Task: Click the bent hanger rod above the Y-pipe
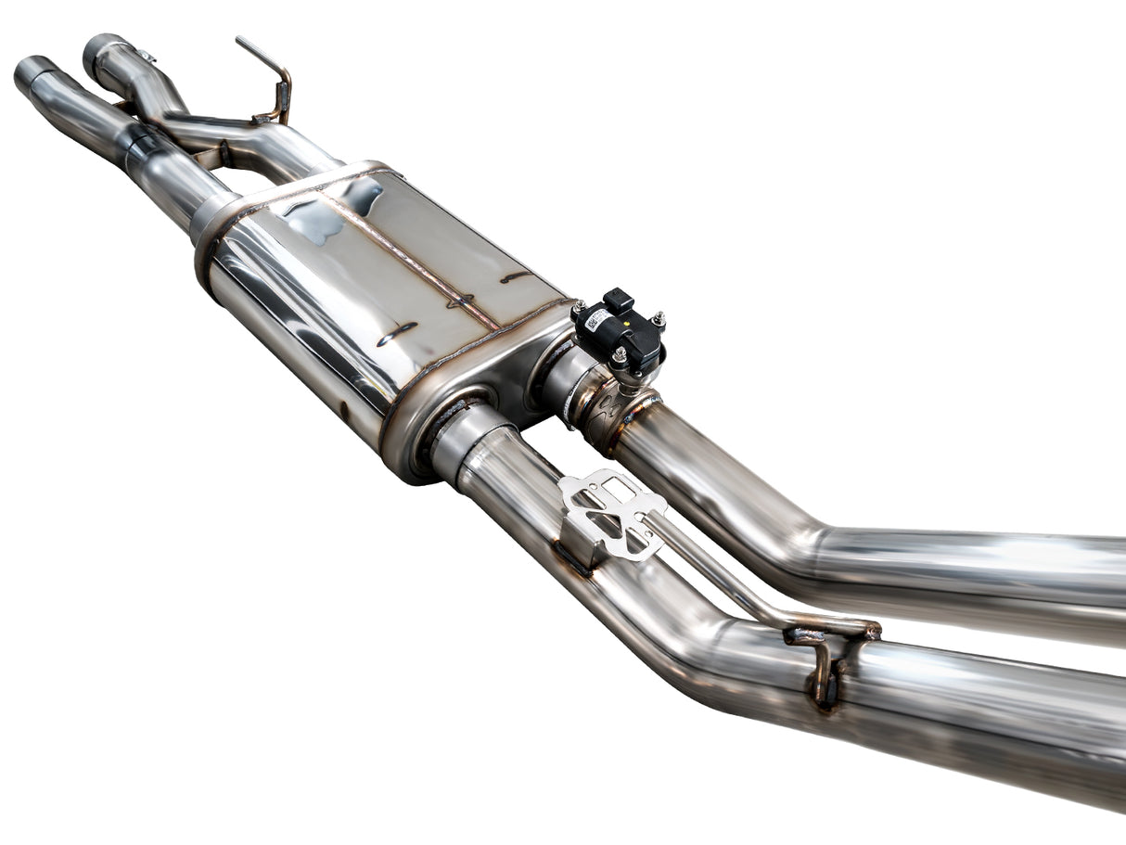point(270,74)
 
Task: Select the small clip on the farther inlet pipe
point(147,56)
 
